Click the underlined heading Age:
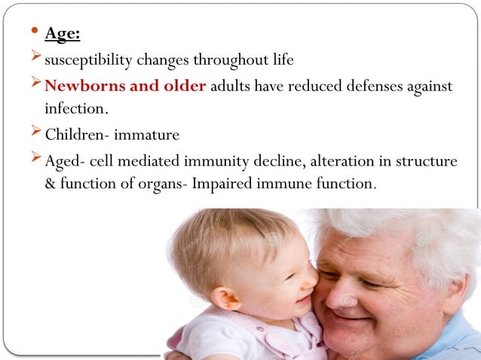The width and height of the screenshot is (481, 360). (x=61, y=34)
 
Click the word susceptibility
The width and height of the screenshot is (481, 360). (x=87, y=60)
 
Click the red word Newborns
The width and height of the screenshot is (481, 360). (x=80, y=86)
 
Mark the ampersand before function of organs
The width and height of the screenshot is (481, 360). (x=51, y=183)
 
